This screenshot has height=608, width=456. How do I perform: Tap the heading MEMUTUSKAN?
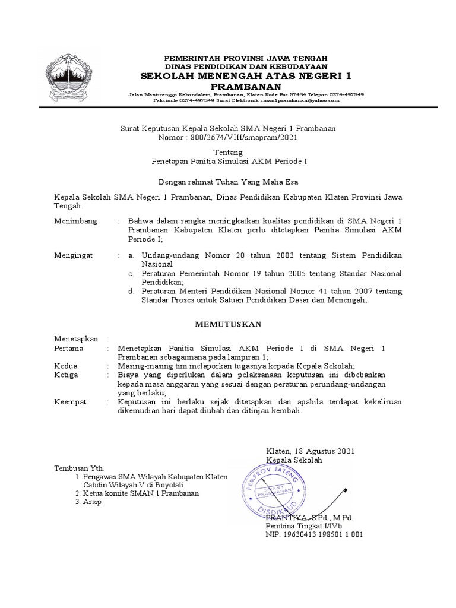229,324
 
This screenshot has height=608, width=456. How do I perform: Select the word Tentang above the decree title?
228,153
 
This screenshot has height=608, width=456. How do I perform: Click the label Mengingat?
74,255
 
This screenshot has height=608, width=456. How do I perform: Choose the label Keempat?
70,402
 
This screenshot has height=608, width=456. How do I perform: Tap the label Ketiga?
66,375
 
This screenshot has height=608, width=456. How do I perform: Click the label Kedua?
66,366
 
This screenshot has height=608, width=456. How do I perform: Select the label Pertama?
68,349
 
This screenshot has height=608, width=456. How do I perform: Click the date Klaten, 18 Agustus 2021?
310,451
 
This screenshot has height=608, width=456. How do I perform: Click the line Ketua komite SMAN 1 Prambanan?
141,493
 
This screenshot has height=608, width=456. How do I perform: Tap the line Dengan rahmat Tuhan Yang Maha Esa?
228,182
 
